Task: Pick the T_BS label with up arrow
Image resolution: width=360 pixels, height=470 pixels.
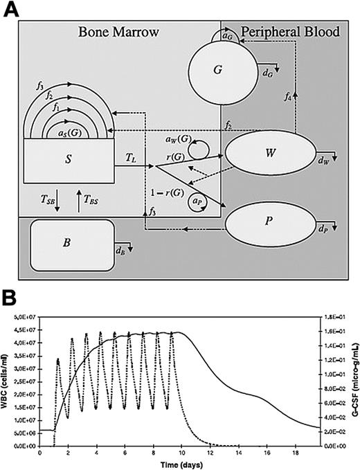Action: tap(91, 199)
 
